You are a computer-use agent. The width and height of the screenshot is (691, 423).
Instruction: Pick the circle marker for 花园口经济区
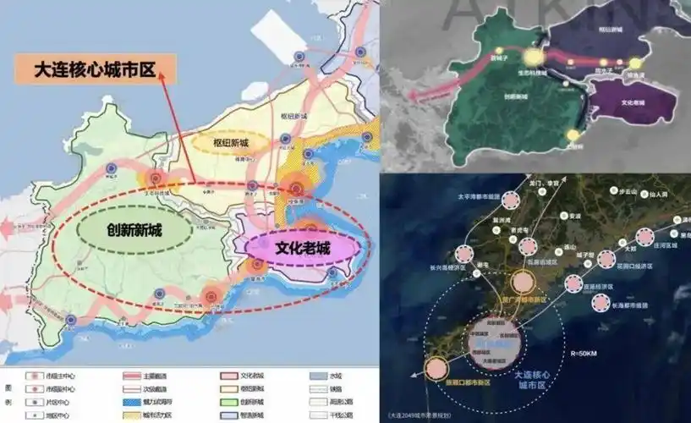(x=606, y=259)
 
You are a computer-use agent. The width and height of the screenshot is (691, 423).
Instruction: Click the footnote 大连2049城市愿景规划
(x=431, y=415)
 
